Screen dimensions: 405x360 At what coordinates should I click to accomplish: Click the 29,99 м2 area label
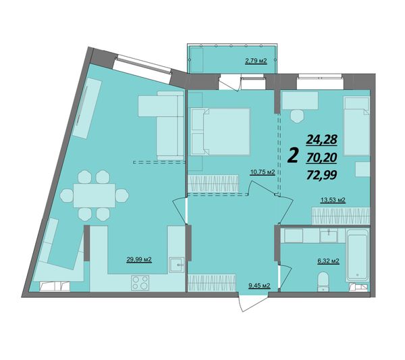coord(139,259)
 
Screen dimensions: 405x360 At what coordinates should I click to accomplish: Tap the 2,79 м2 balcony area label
coord(256,61)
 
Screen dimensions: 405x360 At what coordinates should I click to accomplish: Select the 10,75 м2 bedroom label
coord(262,172)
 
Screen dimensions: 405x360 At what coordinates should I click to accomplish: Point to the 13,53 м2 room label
coord(333,200)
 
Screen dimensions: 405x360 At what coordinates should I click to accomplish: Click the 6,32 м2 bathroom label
coord(328,261)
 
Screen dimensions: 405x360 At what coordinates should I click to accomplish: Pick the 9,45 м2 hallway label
coord(259,286)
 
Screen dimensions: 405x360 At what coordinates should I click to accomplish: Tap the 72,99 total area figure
coord(321,176)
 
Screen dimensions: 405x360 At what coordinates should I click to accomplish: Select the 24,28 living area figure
coord(322,140)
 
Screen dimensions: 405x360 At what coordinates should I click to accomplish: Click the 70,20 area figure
coord(321,157)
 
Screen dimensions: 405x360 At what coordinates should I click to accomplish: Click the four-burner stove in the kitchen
coord(140,282)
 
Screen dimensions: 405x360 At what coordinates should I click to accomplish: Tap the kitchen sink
coord(177,265)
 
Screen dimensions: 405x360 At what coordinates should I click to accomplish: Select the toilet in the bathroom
coord(323,282)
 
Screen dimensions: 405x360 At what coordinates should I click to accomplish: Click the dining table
coord(94,195)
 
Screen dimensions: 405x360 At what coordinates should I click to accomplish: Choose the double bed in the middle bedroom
coord(221,132)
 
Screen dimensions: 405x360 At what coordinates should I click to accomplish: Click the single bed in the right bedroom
coord(356,126)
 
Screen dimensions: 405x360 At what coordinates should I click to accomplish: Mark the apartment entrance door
coord(253,303)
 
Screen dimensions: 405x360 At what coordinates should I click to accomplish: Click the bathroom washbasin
coord(329,236)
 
